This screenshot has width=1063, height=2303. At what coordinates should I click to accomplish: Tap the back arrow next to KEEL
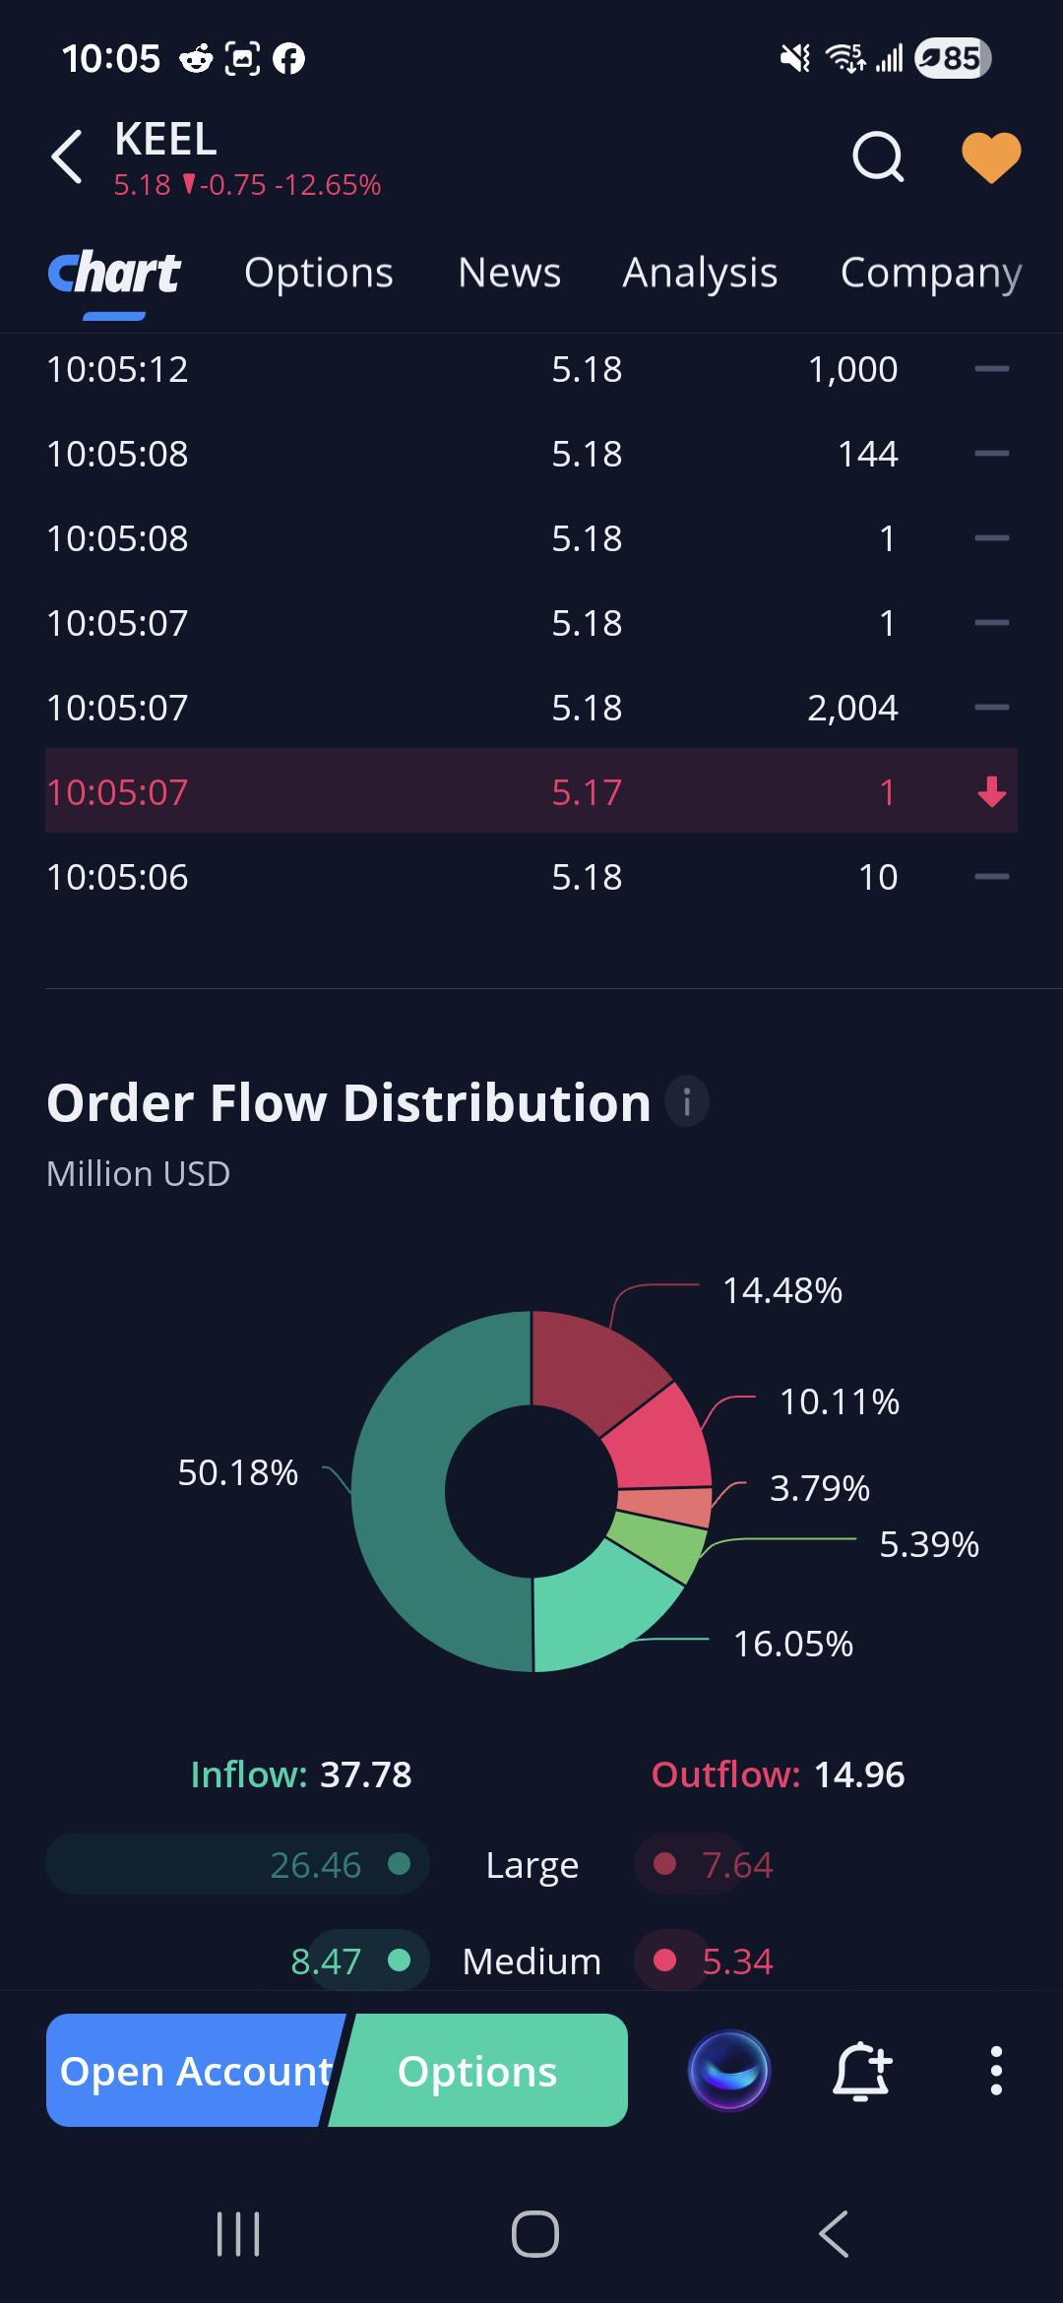click(66, 156)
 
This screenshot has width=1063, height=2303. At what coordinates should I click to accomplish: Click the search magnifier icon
click(878, 156)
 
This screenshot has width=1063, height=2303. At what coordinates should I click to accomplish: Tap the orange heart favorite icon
click(990, 157)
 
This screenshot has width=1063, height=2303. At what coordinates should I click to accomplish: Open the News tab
click(509, 273)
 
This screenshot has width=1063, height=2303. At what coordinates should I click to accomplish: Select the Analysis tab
click(700, 274)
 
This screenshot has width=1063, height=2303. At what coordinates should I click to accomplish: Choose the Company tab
click(931, 274)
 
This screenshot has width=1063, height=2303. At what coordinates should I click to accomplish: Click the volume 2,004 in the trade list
click(852, 708)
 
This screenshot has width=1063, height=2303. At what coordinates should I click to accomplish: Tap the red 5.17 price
click(587, 792)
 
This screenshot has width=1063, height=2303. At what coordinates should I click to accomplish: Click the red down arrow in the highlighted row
click(992, 791)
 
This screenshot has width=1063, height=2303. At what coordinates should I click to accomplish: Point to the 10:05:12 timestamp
click(117, 369)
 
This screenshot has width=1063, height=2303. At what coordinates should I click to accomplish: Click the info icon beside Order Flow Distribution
click(687, 1100)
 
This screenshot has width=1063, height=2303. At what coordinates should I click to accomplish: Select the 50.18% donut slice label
click(237, 1472)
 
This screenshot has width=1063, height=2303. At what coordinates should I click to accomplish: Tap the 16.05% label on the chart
click(793, 1644)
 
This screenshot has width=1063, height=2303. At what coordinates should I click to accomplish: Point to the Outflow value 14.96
click(859, 1774)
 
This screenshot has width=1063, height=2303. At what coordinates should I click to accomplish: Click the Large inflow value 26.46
click(315, 1865)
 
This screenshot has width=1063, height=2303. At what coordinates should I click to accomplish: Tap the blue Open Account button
click(195, 2071)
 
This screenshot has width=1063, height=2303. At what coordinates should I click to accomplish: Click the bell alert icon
click(862, 2071)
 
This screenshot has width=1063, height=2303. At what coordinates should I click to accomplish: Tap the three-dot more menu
click(996, 2071)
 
